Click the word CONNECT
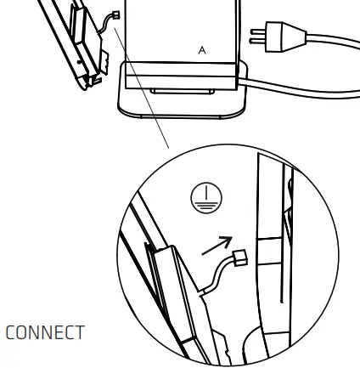45,332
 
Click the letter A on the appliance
202,51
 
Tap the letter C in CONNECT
12,332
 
